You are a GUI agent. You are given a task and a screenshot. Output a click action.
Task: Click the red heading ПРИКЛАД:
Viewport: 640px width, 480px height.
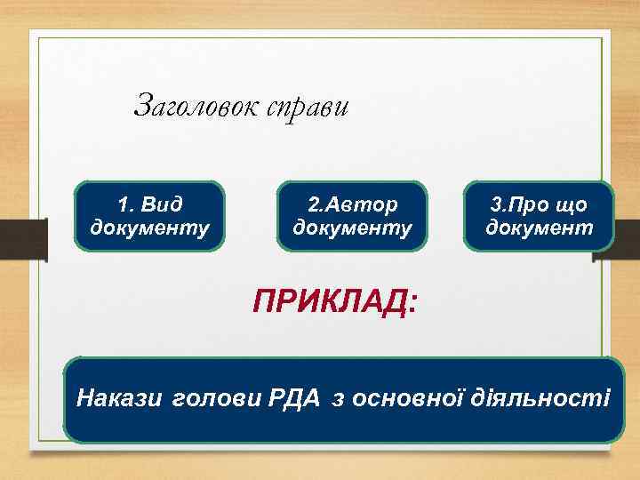tap(332, 303)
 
